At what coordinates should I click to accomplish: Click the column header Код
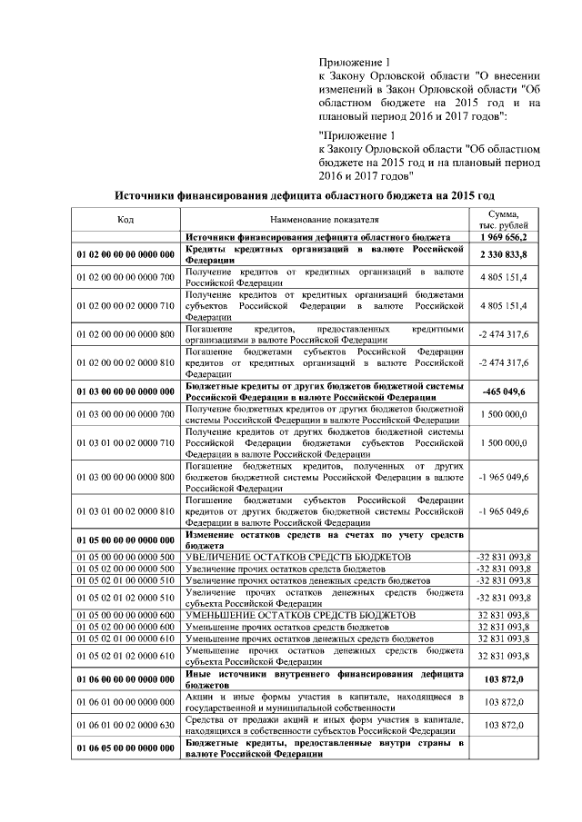(x=125, y=219)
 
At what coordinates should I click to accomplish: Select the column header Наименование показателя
(x=324, y=219)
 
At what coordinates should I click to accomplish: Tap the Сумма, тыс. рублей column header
(x=503, y=219)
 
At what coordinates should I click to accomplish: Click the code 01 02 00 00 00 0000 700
(x=125, y=276)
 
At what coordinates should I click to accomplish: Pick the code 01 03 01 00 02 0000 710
(x=125, y=443)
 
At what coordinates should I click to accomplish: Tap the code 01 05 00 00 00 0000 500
(x=125, y=556)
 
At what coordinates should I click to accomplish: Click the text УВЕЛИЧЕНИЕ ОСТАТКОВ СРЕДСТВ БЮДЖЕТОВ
(x=299, y=556)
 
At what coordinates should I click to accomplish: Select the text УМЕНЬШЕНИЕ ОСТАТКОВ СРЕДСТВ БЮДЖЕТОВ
(x=299, y=615)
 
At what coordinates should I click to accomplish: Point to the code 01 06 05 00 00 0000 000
(x=125, y=748)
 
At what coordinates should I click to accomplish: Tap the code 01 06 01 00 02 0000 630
(x=125, y=725)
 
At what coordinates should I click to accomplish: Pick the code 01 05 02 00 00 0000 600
(x=125, y=627)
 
